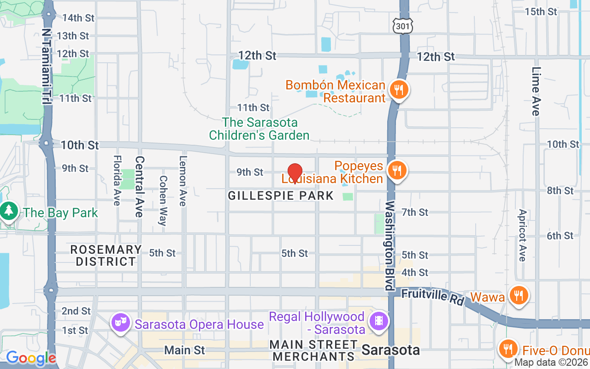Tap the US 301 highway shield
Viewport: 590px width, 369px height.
pos(401,26)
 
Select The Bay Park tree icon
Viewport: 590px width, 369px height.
pos(8,212)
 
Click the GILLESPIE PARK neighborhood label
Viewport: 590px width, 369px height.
pos(281,196)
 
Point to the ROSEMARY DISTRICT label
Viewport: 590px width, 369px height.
pos(106,256)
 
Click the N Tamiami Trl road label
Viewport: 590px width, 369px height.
pos(47,67)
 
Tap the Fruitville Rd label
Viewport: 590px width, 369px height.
pos(432,296)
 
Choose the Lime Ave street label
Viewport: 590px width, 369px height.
pos(536,91)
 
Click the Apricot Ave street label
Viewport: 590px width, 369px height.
pos(522,235)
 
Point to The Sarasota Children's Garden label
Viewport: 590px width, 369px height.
pos(260,129)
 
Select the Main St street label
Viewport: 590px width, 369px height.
pos(184,350)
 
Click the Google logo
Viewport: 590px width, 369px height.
pos(30,358)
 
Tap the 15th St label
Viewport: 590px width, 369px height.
pos(541,12)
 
